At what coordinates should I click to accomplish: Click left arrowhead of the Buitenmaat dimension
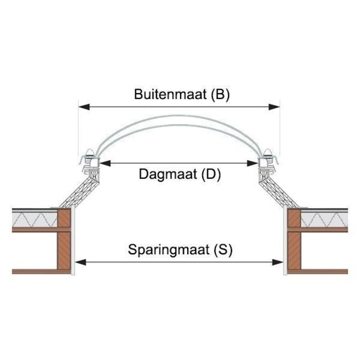[x=82, y=107]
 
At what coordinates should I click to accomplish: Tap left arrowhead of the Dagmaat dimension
[x=102, y=163]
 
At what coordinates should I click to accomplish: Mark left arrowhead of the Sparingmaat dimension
[x=79, y=261]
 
